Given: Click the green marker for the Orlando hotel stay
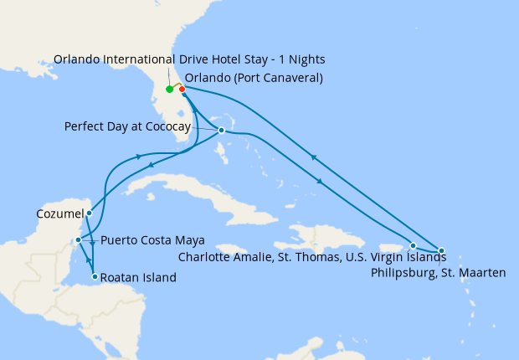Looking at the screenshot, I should coord(169,90).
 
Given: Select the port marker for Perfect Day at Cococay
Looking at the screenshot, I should coord(221,130).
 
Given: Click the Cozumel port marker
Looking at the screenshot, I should coord(89,213).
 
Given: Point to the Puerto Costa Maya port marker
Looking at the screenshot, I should coord(78,240).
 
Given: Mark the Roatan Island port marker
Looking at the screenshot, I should coord(95,277).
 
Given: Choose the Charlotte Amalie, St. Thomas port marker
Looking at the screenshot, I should coord(413,245).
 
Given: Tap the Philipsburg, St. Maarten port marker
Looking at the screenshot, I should coord(441,250).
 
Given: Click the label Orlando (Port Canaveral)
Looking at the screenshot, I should coord(253,79).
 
